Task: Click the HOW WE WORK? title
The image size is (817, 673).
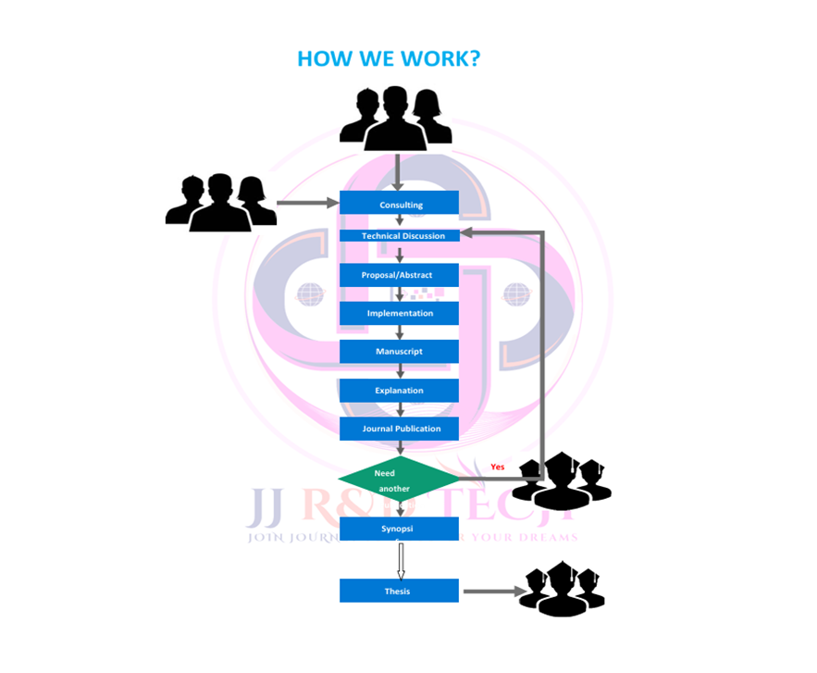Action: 389,59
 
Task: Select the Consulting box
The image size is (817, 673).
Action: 399,204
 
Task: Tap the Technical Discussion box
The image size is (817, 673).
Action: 399,235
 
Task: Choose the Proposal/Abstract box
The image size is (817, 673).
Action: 399,275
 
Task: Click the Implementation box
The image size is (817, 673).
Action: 399,313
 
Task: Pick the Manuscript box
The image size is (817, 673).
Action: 399,352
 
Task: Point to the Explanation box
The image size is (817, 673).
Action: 399,390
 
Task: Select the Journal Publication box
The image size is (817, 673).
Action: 399,429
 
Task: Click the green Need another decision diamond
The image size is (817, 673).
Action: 399,480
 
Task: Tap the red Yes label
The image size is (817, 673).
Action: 498,467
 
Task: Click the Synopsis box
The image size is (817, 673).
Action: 399,529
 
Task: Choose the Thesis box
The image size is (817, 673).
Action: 399,591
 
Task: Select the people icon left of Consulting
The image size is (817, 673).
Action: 220,201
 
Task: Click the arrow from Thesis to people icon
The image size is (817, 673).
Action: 491,591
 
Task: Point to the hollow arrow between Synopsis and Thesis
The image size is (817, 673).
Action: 401,561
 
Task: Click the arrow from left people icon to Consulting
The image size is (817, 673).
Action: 308,203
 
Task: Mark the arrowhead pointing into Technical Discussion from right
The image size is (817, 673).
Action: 468,233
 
